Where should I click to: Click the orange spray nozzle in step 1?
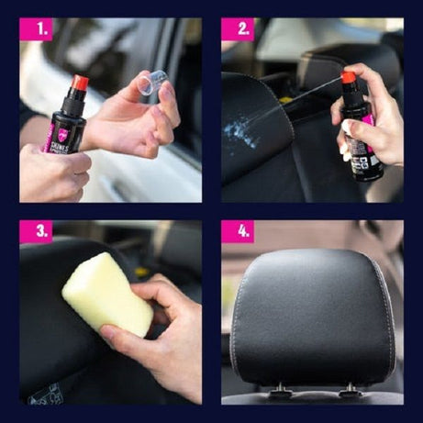click(79, 84)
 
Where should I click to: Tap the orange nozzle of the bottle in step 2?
click(348, 78)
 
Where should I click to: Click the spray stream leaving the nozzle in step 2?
click(303, 96)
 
